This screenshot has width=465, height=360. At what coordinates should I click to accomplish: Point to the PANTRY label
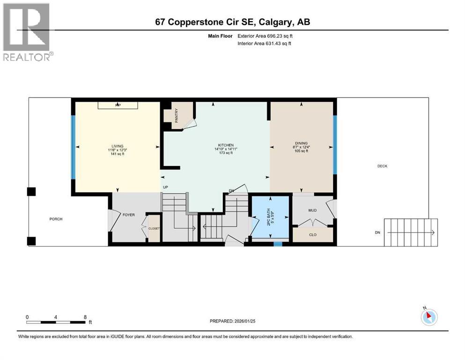click(x=177, y=116)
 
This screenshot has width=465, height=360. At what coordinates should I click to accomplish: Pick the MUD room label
click(x=313, y=210)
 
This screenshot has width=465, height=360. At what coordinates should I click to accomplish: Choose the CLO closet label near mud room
click(x=313, y=235)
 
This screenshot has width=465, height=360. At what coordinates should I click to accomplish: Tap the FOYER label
click(x=128, y=215)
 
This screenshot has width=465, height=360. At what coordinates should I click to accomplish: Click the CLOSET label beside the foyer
click(x=154, y=229)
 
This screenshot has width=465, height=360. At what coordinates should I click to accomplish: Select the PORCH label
click(x=56, y=219)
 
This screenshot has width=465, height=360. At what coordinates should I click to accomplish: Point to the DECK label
click(x=382, y=166)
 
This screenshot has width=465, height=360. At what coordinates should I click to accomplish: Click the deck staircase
click(x=411, y=232)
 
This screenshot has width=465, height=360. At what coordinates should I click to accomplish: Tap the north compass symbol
click(x=428, y=317)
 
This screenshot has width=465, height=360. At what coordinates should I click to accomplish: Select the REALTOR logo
click(x=28, y=32)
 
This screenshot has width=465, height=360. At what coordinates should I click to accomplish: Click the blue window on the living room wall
click(x=73, y=147)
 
